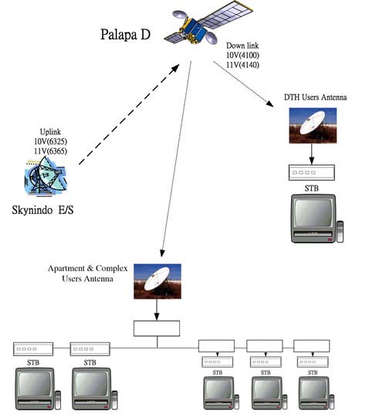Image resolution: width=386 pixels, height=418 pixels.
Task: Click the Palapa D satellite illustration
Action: (208, 23)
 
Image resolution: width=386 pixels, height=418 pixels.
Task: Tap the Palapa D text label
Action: (125, 35)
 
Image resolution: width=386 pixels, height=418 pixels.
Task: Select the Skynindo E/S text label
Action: (42, 210)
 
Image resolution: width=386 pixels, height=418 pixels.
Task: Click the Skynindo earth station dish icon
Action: (46, 176)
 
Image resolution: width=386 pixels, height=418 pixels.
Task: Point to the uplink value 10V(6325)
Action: (50, 141)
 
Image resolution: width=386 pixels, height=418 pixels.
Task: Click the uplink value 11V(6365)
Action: (50, 151)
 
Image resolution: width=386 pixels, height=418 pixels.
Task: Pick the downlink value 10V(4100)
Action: (242, 55)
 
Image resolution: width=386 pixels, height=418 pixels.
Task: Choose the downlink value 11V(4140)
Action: (242, 65)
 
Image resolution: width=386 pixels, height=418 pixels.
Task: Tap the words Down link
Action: (242, 46)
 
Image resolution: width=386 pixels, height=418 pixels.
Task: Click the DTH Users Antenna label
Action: (315, 97)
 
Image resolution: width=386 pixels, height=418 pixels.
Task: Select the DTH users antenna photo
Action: (313, 126)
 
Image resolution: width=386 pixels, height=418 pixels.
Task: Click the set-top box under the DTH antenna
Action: (312, 173)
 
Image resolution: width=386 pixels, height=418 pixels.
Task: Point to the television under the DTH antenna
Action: (317, 219)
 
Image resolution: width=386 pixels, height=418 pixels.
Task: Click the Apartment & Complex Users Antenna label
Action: (88, 274)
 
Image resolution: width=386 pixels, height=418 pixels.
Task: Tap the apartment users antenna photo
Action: (157, 281)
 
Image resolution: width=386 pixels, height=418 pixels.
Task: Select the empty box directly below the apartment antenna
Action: (157, 328)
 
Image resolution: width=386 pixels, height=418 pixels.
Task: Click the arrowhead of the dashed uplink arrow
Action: (175, 68)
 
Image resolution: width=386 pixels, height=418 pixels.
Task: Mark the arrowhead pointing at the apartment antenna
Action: (162, 253)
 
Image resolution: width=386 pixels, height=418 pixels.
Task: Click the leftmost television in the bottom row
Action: (38, 389)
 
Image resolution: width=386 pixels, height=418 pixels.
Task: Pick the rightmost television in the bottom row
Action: (317, 393)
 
